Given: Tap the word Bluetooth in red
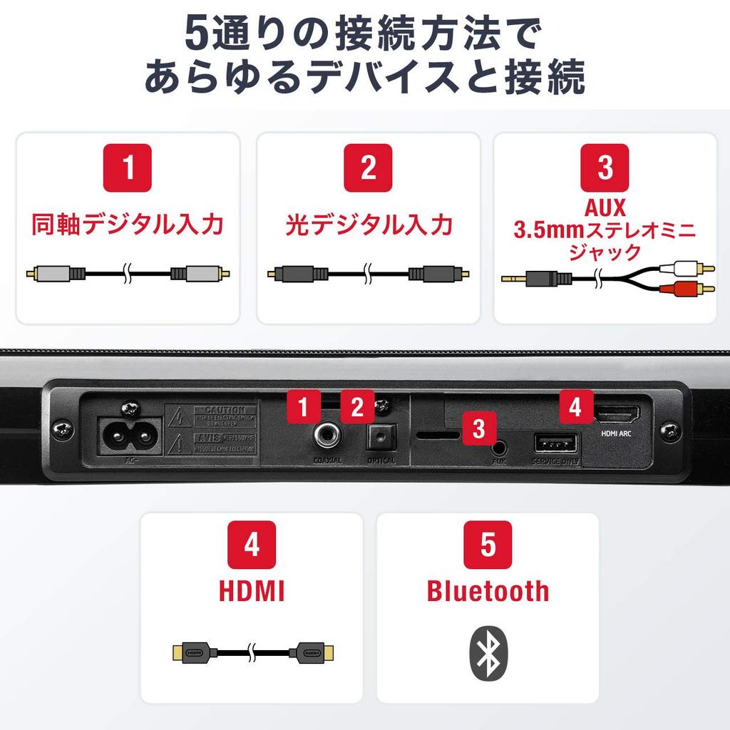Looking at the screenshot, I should coord(488,591).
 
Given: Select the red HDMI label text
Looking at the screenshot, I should coord(251,591).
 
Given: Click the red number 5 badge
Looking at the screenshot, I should coord(488,545).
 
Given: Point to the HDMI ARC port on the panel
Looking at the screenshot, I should coord(617,413).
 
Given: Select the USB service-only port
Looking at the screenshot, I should coord(555,444).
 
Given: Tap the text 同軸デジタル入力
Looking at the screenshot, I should coord(128,225).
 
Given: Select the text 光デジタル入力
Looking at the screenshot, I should coord(369,225).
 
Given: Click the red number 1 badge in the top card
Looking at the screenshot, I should coord(128,168).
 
